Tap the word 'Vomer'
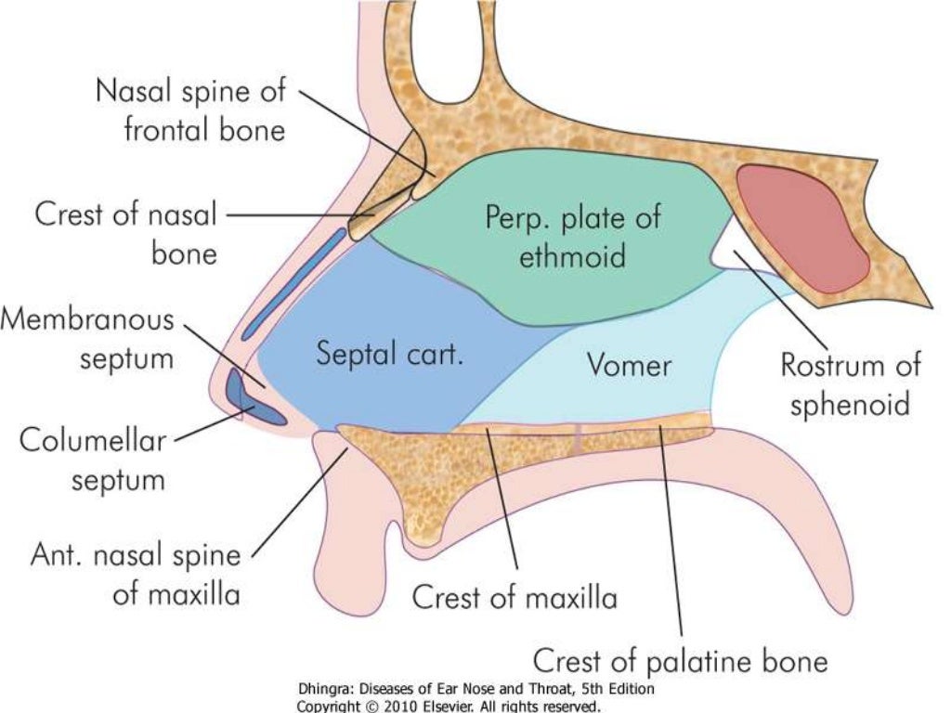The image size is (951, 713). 628,365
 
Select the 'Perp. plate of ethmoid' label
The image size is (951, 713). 573,236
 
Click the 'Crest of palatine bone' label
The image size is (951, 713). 679,661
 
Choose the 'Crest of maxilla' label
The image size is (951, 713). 515,597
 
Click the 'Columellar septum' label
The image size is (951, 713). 92,460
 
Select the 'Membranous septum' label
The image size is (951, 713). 87,339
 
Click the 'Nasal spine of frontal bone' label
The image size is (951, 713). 190,110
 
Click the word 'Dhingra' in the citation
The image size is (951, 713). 325,689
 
